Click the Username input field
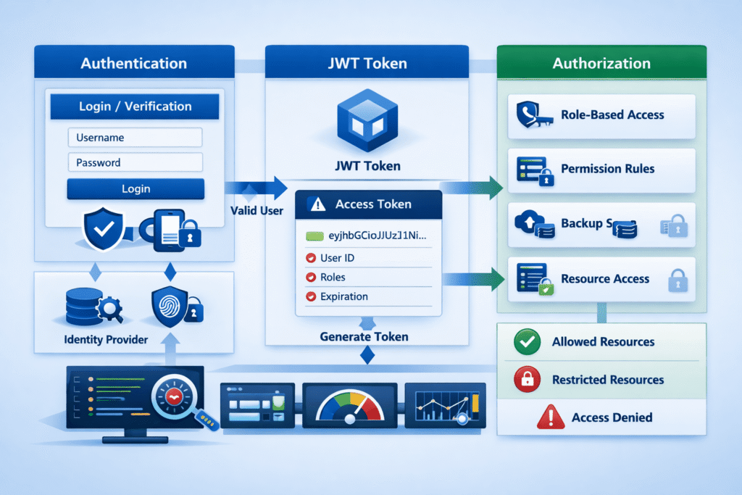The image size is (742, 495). pos(135,138)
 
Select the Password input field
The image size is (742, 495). pos(135,162)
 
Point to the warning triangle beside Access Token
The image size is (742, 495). pos(317,205)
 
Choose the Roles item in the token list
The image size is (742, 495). pos(333,277)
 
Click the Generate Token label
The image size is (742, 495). pos(364,336)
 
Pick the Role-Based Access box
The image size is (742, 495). pos(601,115)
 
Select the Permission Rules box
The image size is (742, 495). pos(601,169)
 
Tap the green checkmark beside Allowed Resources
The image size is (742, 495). pos(527,342)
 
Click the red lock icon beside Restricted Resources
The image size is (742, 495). pos(527,379)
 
